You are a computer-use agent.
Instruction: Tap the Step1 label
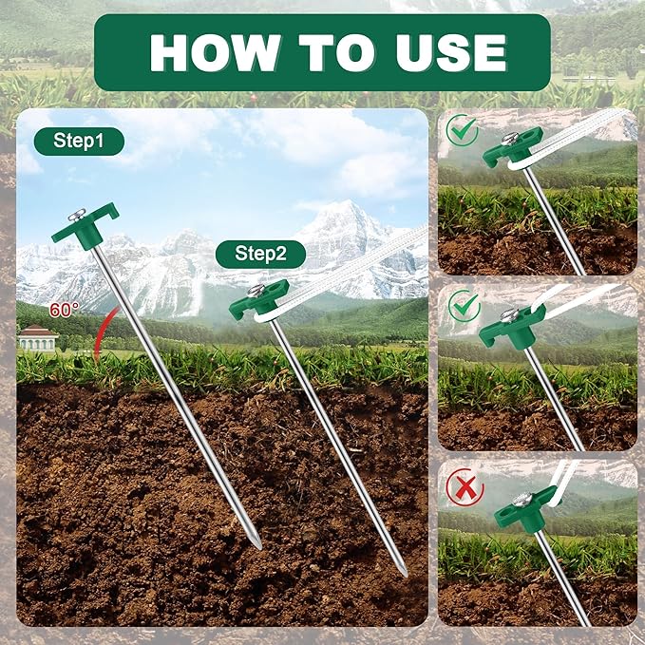(x=79, y=142)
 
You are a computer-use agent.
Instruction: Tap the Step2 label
(x=260, y=254)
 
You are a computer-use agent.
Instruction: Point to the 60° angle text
(x=66, y=310)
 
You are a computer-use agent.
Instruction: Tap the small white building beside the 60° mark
(x=37, y=337)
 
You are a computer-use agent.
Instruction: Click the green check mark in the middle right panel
(x=464, y=307)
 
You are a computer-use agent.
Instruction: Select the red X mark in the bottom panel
(x=464, y=487)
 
